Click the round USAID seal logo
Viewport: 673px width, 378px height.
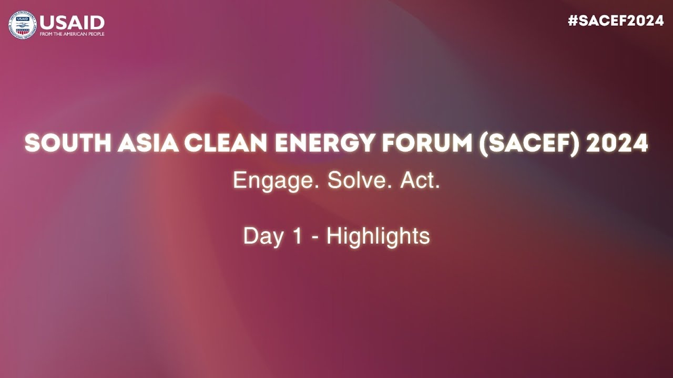coord(23,25)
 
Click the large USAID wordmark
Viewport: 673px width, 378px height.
coord(72,23)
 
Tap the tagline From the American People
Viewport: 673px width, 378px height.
coord(72,34)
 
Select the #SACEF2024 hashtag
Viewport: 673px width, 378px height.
coord(616,21)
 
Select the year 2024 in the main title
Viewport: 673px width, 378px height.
coord(617,143)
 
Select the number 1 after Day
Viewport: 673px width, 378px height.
coord(297,236)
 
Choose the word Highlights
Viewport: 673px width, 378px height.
coord(378,237)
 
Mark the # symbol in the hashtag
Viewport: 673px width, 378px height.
coord(573,21)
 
